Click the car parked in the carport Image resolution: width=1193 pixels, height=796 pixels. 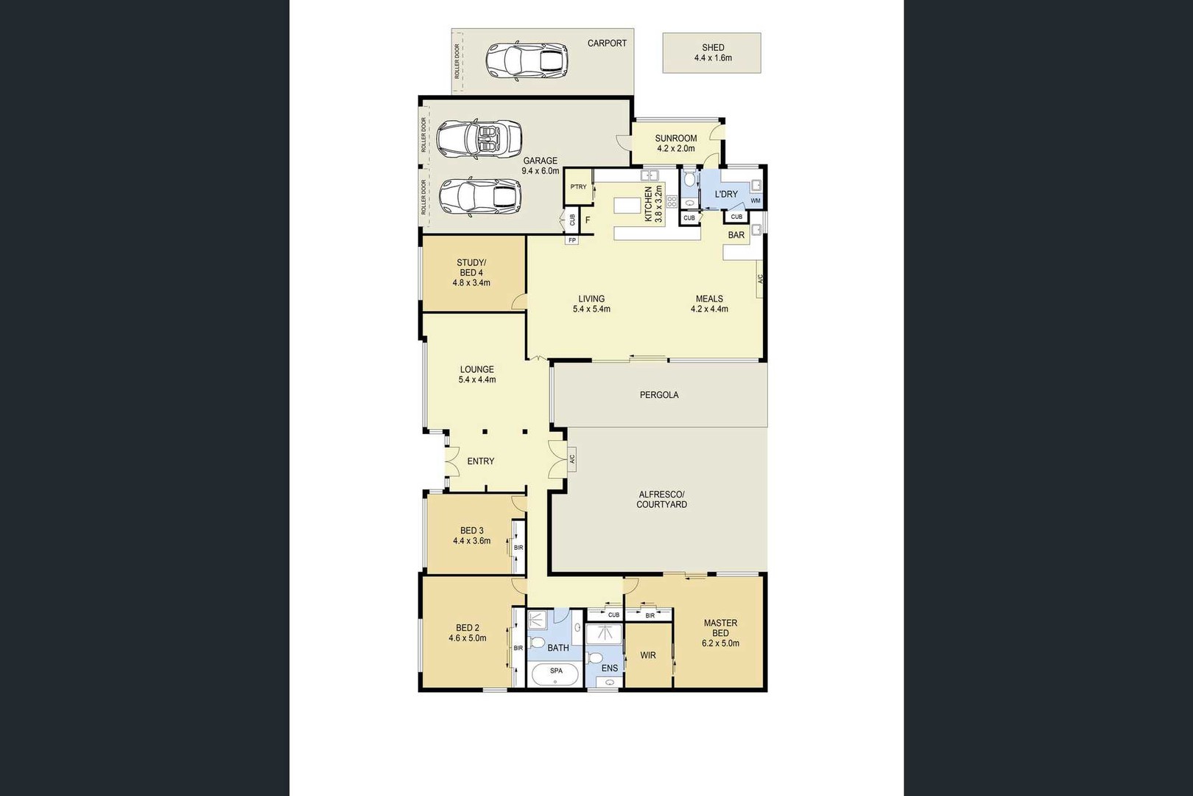coord(527,60)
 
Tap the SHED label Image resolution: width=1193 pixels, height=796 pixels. coord(713,47)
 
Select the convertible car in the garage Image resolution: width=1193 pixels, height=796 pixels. coord(479,139)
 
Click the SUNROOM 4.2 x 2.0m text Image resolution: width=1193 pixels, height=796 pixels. coord(676,143)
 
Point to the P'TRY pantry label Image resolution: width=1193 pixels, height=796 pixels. coord(578,186)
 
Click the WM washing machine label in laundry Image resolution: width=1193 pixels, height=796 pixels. coord(756,200)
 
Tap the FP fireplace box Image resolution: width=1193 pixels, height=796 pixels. coord(572,240)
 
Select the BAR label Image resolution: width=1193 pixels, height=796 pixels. coord(736,234)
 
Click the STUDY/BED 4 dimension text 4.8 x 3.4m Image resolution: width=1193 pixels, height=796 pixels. coord(471,282)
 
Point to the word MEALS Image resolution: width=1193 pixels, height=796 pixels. coord(709,298)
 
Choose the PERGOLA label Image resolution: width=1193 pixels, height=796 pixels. coord(659,394)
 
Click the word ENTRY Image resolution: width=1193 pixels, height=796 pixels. coord(481,461)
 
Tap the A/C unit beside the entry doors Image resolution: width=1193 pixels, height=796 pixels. coord(572,458)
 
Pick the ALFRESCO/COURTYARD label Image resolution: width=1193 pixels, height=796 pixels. coord(661,499)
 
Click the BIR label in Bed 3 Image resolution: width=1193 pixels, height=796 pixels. coord(518,548)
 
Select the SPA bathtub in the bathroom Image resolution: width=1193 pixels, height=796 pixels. coord(555,674)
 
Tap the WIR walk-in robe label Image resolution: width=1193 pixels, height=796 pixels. coord(648,655)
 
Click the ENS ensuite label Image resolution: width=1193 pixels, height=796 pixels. coord(610,668)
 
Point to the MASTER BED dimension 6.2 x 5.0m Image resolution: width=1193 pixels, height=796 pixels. coord(721,643)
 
